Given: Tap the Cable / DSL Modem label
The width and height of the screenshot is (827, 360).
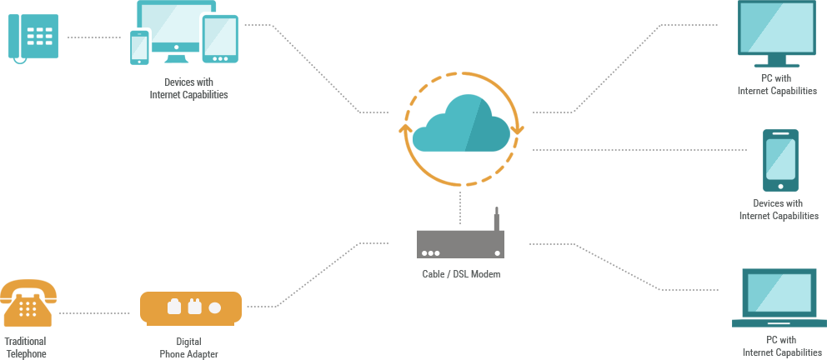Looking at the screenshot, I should [x=460, y=274].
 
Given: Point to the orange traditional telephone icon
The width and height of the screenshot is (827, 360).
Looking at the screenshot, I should [x=28, y=302].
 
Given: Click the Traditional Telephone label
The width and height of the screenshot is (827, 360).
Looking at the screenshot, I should [x=25, y=347].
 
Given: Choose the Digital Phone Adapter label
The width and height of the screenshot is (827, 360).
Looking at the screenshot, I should [x=189, y=347].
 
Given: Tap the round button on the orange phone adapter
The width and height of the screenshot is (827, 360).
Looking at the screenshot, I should [x=214, y=307].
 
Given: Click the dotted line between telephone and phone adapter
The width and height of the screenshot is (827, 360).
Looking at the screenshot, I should [x=94, y=313].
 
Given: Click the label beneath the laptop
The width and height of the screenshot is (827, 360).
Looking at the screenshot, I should [x=781, y=347].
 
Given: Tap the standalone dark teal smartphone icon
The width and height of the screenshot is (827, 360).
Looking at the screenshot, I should [x=780, y=160].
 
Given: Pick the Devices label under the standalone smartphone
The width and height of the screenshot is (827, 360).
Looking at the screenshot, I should [x=779, y=210].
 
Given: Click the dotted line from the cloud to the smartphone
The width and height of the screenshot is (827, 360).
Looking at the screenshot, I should [x=639, y=150].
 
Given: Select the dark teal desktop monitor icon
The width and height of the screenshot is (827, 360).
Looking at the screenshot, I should [x=776, y=33].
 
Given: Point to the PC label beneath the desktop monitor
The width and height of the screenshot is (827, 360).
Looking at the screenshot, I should [x=777, y=85].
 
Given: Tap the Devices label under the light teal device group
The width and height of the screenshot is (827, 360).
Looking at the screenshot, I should [x=188, y=88].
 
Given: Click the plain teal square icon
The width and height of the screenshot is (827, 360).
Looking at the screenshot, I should [x=33, y=37].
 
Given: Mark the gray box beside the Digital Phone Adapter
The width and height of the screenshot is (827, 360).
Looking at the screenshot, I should [x=318, y=274].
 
